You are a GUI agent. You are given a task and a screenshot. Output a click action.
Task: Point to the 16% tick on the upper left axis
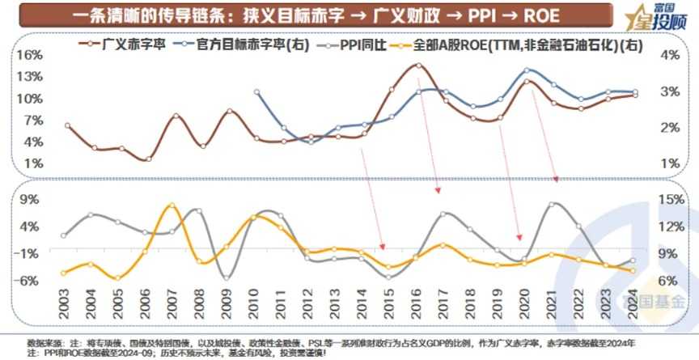[28, 55]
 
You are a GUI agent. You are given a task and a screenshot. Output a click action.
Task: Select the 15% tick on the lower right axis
[671, 199]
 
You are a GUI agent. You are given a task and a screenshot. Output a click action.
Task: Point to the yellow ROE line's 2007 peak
[172, 205]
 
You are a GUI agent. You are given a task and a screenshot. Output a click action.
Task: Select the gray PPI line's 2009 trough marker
[227, 277]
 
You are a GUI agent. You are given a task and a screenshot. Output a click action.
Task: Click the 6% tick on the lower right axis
[671, 281]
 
